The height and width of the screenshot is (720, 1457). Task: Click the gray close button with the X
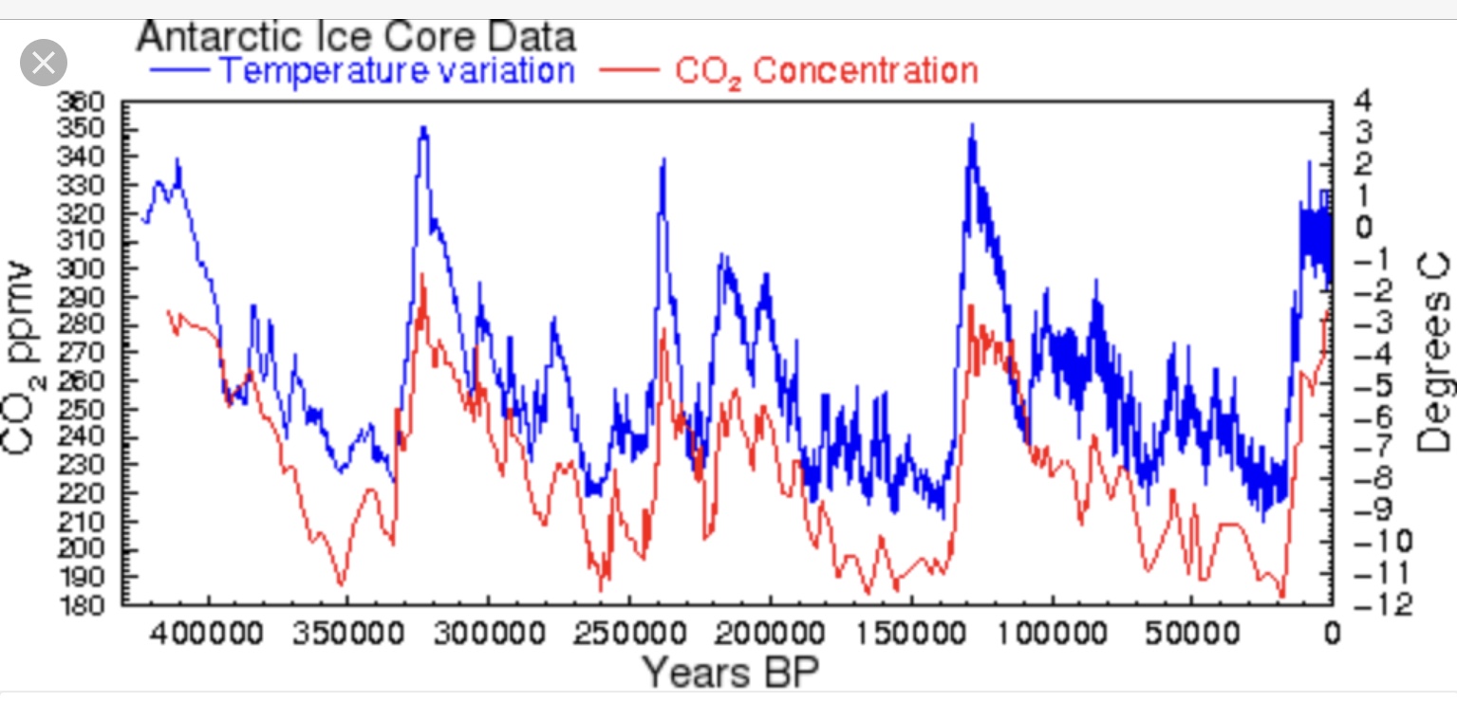44,64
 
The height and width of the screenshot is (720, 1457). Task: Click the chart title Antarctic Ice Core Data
356,37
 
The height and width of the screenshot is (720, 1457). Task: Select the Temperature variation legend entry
396,71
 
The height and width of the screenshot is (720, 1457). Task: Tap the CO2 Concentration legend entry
826,72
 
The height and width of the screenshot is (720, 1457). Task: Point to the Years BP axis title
730,673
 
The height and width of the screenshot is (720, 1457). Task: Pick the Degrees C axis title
1433,353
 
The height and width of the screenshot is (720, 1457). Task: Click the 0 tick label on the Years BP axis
1332,633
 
